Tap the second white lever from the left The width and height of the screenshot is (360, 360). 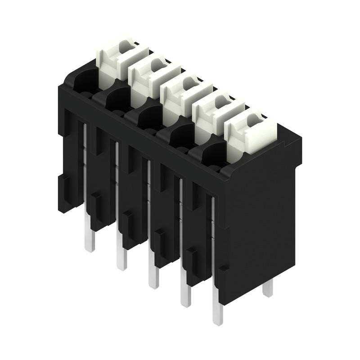(146, 79)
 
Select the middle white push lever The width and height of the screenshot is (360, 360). (178, 97)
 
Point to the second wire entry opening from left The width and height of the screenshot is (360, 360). (116, 100)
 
